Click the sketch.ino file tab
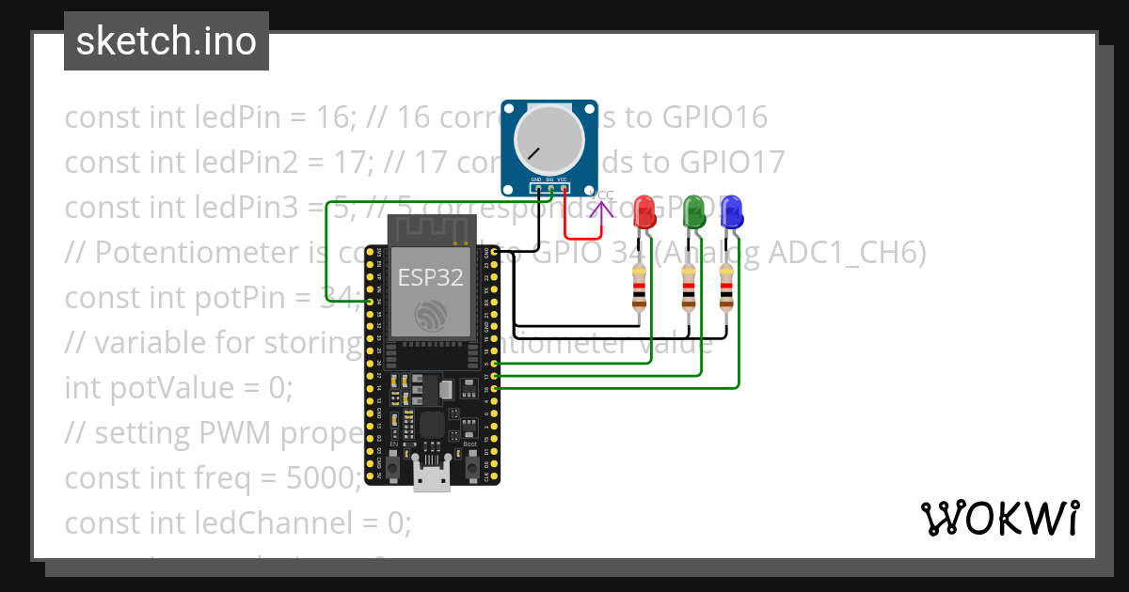pos(166,41)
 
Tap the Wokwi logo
pos(999,518)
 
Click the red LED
pos(644,211)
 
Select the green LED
pos(693,211)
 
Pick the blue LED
pos(730,213)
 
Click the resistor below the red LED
pos(641,288)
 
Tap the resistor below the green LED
pos(690,288)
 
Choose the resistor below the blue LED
pos(726,288)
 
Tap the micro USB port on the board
pos(432,477)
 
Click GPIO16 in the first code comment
pos(714,117)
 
